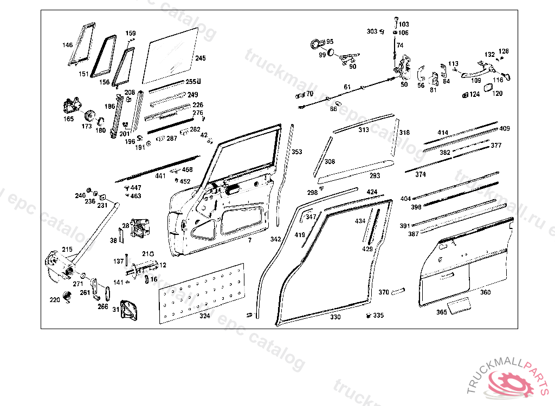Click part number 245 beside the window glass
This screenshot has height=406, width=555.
pyautogui.click(x=201, y=58)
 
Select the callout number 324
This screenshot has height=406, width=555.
pyautogui.click(x=204, y=316)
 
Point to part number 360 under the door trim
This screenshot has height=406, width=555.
pyautogui.click(x=485, y=292)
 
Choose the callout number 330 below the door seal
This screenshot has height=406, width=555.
pyautogui.click(x=335, y=317)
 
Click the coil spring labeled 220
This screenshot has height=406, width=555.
pyautogui.click(x=67, y=297)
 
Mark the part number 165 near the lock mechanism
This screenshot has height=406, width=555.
pyautogui.click(x=69, y=119)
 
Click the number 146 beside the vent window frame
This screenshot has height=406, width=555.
pyautogui.click(x=67, y=45)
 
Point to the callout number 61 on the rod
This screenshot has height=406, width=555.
pyautogui.click(x=347, y=87)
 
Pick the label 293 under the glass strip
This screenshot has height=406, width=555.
pyautogui.click(x=375, y=175)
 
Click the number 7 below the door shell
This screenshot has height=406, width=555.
pyautogui.click(x=250, y=239)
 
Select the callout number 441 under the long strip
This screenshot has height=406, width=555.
pyautogui.click(x=161, y=176)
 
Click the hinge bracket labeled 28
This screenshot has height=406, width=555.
pyautogui.click(x=141, y=227)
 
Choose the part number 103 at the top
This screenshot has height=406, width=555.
pyautogui.click(x=404, y=24)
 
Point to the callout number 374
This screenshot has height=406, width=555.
pyautogui.click(x=421, y=174)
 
